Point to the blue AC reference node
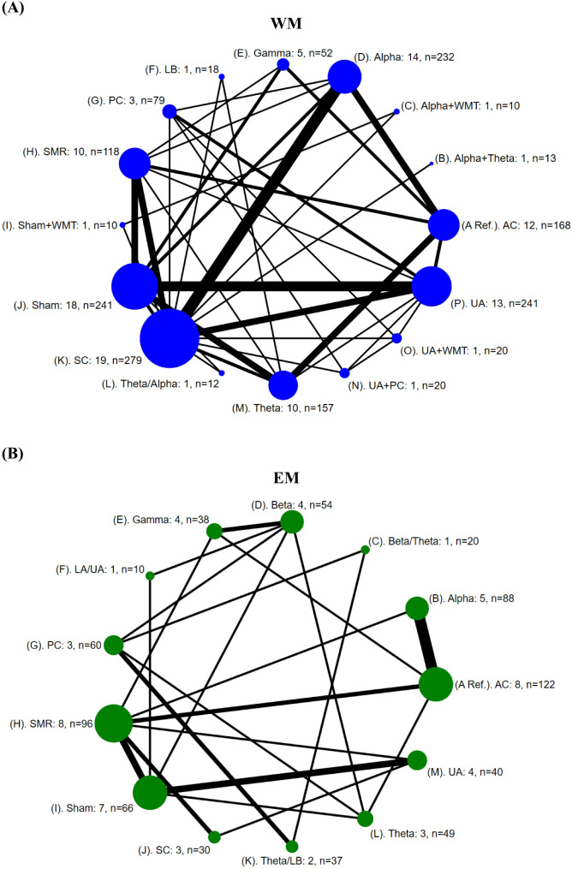point(444,225)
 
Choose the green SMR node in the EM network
point(113,723)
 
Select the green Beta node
point(292,521)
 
